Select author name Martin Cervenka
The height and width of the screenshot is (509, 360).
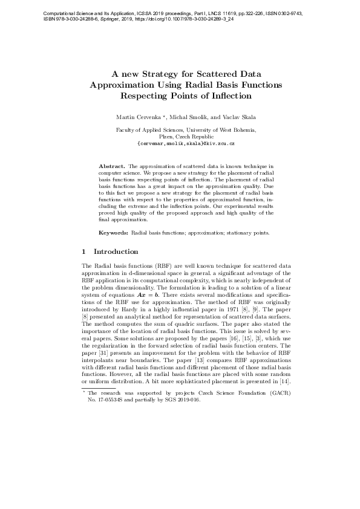(x=136, y=115)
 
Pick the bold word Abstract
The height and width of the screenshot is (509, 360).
(x=111, y=165)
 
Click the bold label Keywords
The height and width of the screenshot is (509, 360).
(x=113, y=232)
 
